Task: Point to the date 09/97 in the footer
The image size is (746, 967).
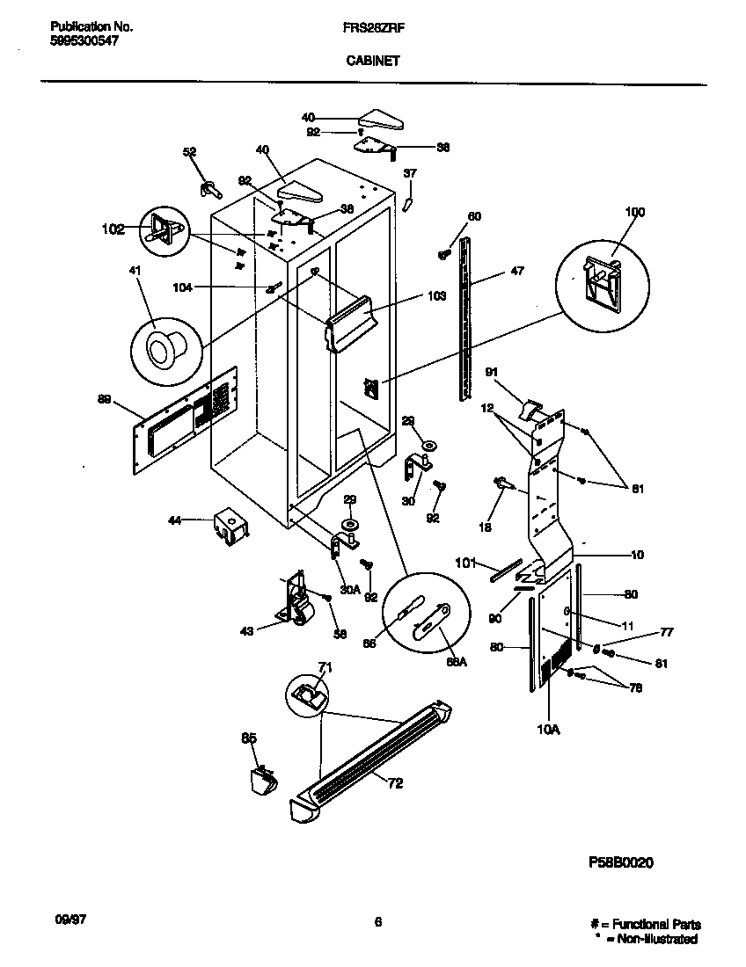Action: [x=69, y=922]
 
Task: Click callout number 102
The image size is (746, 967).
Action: [x=113, y=230]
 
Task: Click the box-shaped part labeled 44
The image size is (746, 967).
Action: [x=230, y=525]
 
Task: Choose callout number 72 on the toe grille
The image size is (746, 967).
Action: [x=395, y=783]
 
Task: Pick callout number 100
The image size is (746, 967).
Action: [x=634, y=212]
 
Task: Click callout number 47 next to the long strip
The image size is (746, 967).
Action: [x=516, y=272]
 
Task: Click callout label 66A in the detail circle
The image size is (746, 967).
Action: [x=457, y=662]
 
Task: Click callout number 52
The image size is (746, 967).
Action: [x=189, y=152]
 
